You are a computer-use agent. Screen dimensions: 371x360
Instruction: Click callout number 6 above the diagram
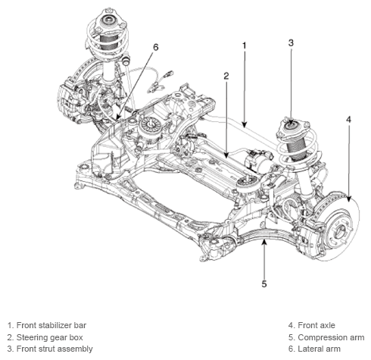point(156,47)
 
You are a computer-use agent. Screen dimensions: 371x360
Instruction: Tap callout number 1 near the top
point(244,45)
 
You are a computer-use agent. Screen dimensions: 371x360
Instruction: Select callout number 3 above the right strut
point(291,43)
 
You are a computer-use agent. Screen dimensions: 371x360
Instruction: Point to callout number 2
point(226,76)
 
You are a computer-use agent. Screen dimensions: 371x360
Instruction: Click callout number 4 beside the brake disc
point(348,120)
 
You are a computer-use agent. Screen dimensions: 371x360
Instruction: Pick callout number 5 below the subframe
point(264,284)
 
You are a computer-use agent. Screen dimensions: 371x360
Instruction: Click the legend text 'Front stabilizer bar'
point(51,325)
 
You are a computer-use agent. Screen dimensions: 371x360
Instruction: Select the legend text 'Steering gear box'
point(49,337)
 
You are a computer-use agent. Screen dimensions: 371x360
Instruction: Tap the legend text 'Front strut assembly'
point(55,349)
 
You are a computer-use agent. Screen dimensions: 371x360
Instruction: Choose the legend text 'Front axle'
point(316,325)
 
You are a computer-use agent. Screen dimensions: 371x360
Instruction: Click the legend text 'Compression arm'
point(331,337)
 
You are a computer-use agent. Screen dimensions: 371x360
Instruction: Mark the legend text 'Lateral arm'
point(319,349)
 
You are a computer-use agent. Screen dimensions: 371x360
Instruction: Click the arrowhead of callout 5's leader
point(264,242)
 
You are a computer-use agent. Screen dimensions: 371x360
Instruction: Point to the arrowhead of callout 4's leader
point(348,199)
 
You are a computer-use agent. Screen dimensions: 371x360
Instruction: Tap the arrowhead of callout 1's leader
point(244,124)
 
